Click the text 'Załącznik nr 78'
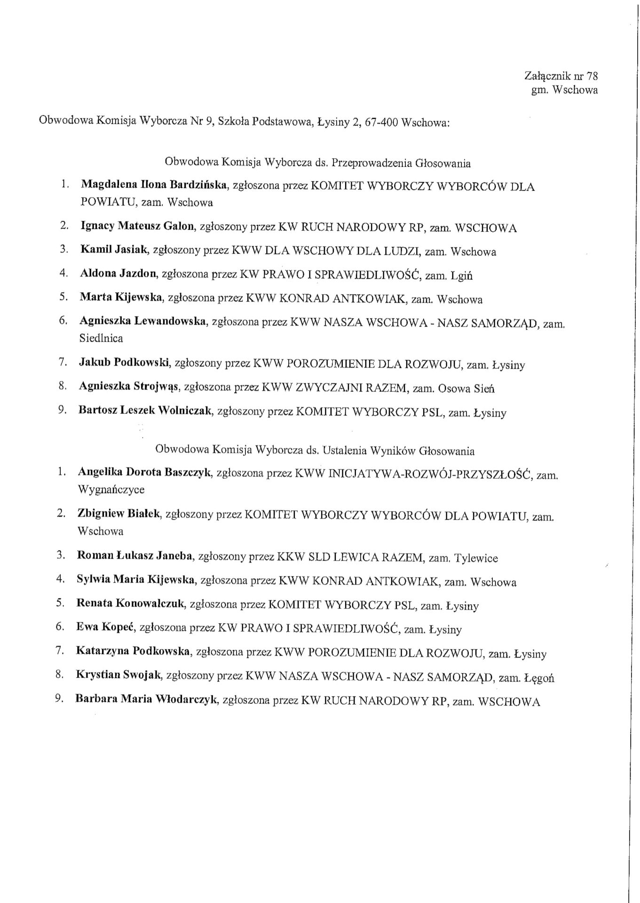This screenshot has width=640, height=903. [x=561, y=76]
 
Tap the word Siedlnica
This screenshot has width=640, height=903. [x=101, y=338]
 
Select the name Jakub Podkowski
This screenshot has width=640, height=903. [x=124, y=363]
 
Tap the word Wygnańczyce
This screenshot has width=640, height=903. [x=111, y=490]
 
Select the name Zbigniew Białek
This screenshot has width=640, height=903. [x=119, y=514]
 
